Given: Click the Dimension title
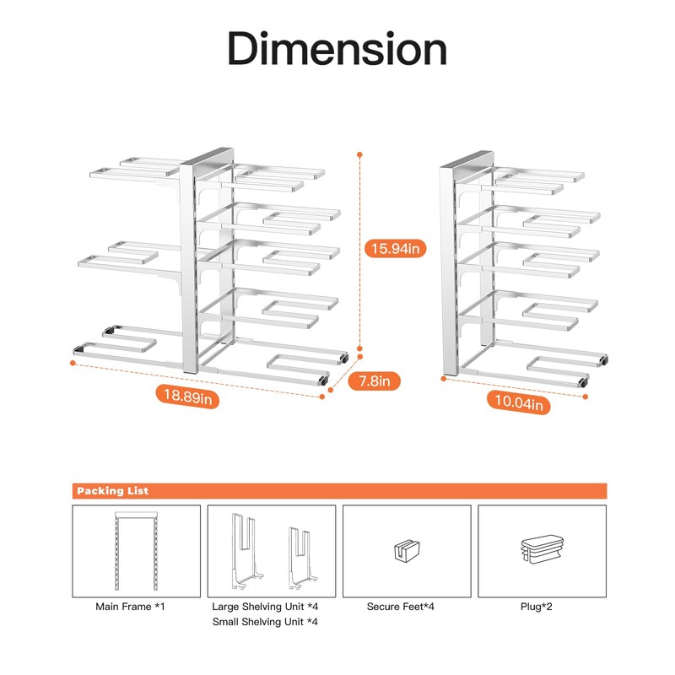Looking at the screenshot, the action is [x=337, y=48].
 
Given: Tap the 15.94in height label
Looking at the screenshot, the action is [x=396, y=248].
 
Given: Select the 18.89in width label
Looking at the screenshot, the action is [x=187, y=397].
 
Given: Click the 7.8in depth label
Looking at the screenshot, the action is [x=374, y=381].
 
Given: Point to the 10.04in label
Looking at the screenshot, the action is [x=519, y=402].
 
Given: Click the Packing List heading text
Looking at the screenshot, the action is [x=113, y=491].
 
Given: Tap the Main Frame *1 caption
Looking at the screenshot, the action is [x=130, y=607].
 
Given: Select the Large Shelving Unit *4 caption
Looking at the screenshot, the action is [x=265, y=607].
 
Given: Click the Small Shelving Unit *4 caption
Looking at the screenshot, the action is [x=265, y=622].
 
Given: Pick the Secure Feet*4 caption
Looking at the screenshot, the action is [x=400, y=607].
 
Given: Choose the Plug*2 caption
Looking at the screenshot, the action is [x=536, y=607].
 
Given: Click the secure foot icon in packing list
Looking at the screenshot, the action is [x=407, y=551].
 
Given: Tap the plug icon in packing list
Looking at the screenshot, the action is [x=542, y=549].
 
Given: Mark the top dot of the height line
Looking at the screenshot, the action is [x=359, y=154].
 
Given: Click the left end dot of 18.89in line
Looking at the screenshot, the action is [x=73, y=364].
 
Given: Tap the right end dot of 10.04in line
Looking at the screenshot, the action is [x=585, y=397].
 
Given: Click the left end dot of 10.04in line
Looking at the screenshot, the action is [x=444, y=379].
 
